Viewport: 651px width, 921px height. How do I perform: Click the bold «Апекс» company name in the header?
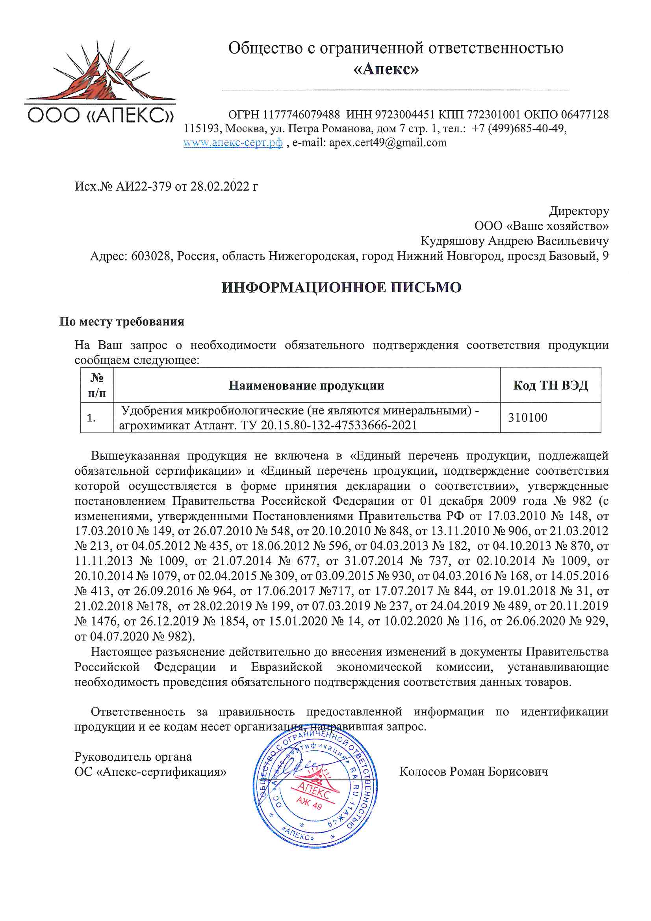(x=386, y=69)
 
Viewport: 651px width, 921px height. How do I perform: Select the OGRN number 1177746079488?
(x=301, y=115)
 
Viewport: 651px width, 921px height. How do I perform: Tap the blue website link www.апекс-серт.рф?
(x=233, y=143)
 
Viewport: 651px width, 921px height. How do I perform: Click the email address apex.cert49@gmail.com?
(x=388, y=143)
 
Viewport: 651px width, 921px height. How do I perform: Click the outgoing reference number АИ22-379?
(x=143, y=187)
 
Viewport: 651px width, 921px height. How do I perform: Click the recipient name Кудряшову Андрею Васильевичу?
(x=514, y=241)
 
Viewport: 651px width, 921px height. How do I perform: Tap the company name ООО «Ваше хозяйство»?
(x=542, y=226)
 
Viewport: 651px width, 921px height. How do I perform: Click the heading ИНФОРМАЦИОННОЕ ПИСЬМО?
(x=342, y=288)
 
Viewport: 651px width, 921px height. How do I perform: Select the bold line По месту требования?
(x=122, y=322)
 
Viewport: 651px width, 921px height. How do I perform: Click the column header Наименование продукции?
(x=306, y=386)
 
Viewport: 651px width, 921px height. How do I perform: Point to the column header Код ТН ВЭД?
(x=550, y=386)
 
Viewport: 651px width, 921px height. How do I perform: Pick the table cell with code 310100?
(x=527, y=418)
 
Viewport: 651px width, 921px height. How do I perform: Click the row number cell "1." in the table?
(x=91, y=418)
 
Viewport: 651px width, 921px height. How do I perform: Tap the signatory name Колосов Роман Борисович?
(x=473, y=771)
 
